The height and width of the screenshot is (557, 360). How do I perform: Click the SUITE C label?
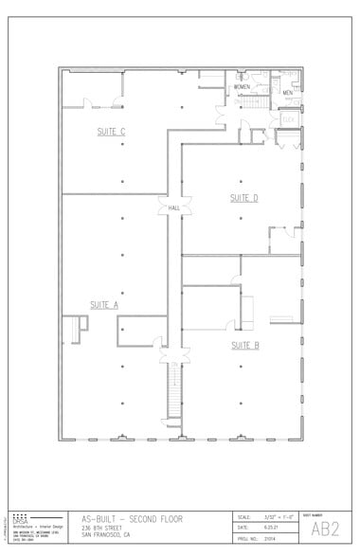(111, 131)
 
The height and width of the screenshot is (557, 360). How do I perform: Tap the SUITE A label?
(103, 304)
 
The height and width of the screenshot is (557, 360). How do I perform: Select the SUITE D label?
(244, 197)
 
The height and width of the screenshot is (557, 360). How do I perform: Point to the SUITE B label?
(244, 345)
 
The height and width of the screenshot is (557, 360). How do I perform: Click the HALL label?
(174, 207)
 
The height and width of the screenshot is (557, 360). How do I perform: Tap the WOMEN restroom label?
(243, 86)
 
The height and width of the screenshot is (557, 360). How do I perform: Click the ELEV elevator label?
(288, 118)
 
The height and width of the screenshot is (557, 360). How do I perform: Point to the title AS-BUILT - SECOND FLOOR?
(132, 518)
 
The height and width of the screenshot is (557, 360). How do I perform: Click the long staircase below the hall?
(172, 391)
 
